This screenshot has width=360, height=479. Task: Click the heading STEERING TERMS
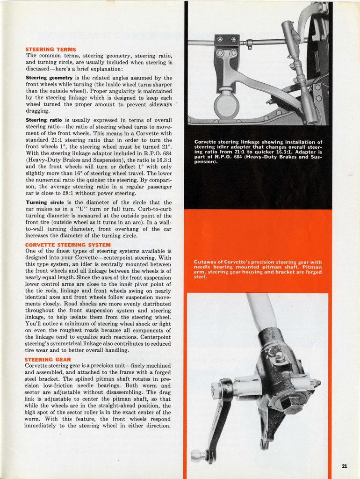tap(50, 49)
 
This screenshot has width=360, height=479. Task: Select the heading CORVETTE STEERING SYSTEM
tap(68, 245)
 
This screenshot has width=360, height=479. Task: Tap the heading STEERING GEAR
tap(48, 359)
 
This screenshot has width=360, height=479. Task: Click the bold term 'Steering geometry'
tap(49, 78)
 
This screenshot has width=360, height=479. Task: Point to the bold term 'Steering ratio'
tap(44, 120)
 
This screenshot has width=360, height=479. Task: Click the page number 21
tap(344, 466)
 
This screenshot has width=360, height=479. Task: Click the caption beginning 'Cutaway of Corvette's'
tap(258, 269)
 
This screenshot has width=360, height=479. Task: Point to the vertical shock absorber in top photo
tap(299, 75)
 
